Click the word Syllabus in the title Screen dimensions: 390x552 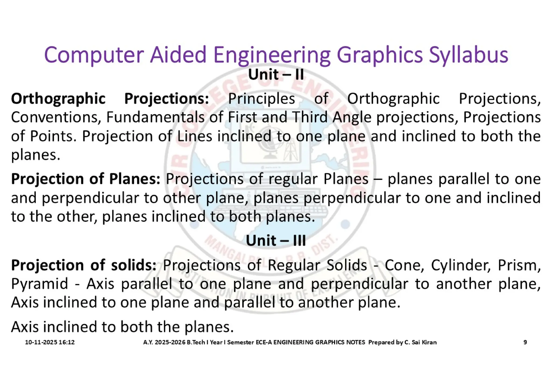(x=468, y=55)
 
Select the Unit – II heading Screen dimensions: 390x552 (x=276, y=75)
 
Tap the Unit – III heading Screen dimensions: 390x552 (x=276, y=240)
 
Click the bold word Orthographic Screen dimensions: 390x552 (x=58, y=99)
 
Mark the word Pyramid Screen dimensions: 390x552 (x=39, y=284)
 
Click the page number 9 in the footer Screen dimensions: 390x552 (x=525, y=342)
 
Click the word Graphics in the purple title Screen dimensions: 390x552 (x=379, y=55)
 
